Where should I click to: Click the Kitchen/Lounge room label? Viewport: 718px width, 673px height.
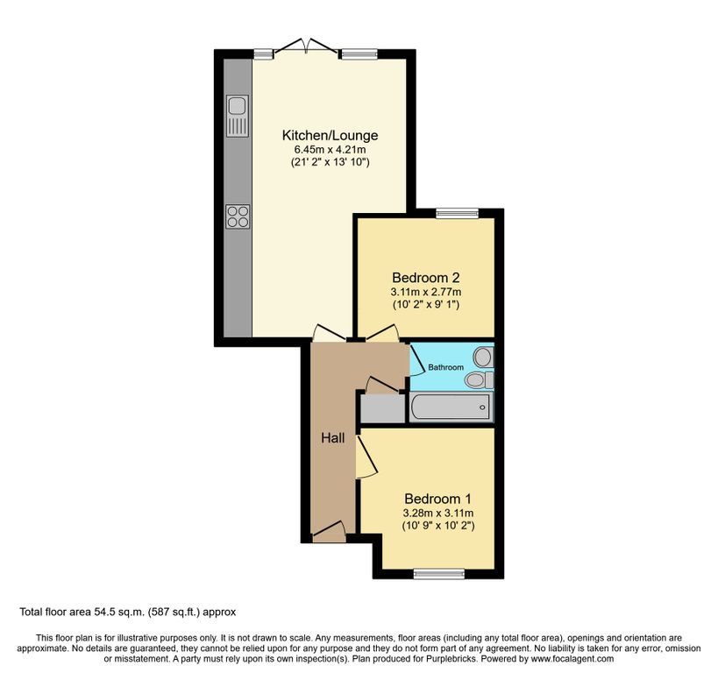330,135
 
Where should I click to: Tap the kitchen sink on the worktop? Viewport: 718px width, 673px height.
238,116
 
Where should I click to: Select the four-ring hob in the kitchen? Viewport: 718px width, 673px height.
238,216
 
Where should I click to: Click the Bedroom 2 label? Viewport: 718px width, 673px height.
426,278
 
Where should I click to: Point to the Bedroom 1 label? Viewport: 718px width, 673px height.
437,499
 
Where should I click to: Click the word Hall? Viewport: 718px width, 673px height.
333,438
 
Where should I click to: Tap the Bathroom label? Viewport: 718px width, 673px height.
445,367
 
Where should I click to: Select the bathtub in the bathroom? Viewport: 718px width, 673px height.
451,407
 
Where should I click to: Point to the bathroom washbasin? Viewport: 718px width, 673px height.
484,358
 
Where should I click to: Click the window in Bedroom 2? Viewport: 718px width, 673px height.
457,212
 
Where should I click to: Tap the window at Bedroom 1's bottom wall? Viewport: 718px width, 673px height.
438,573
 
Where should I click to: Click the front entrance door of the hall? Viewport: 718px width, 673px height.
329,532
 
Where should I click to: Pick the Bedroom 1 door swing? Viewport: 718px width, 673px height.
366,457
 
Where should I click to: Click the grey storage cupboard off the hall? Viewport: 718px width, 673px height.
383,408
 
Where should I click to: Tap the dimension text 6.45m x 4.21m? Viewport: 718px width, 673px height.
330,150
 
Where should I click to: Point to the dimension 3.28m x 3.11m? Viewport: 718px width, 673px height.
438,514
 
